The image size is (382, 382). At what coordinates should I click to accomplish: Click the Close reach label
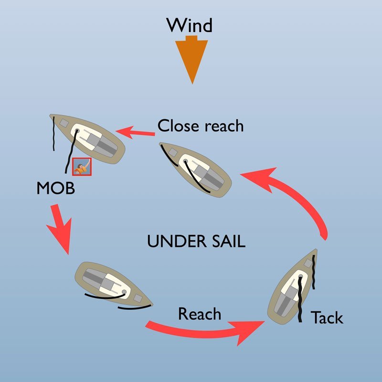201,126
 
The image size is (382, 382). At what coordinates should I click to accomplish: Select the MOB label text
55,188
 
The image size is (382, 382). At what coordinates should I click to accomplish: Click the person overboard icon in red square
82,167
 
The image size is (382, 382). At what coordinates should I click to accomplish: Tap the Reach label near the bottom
200,315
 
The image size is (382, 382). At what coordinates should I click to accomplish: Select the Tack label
327,318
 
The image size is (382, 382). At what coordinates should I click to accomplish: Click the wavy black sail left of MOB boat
54,133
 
